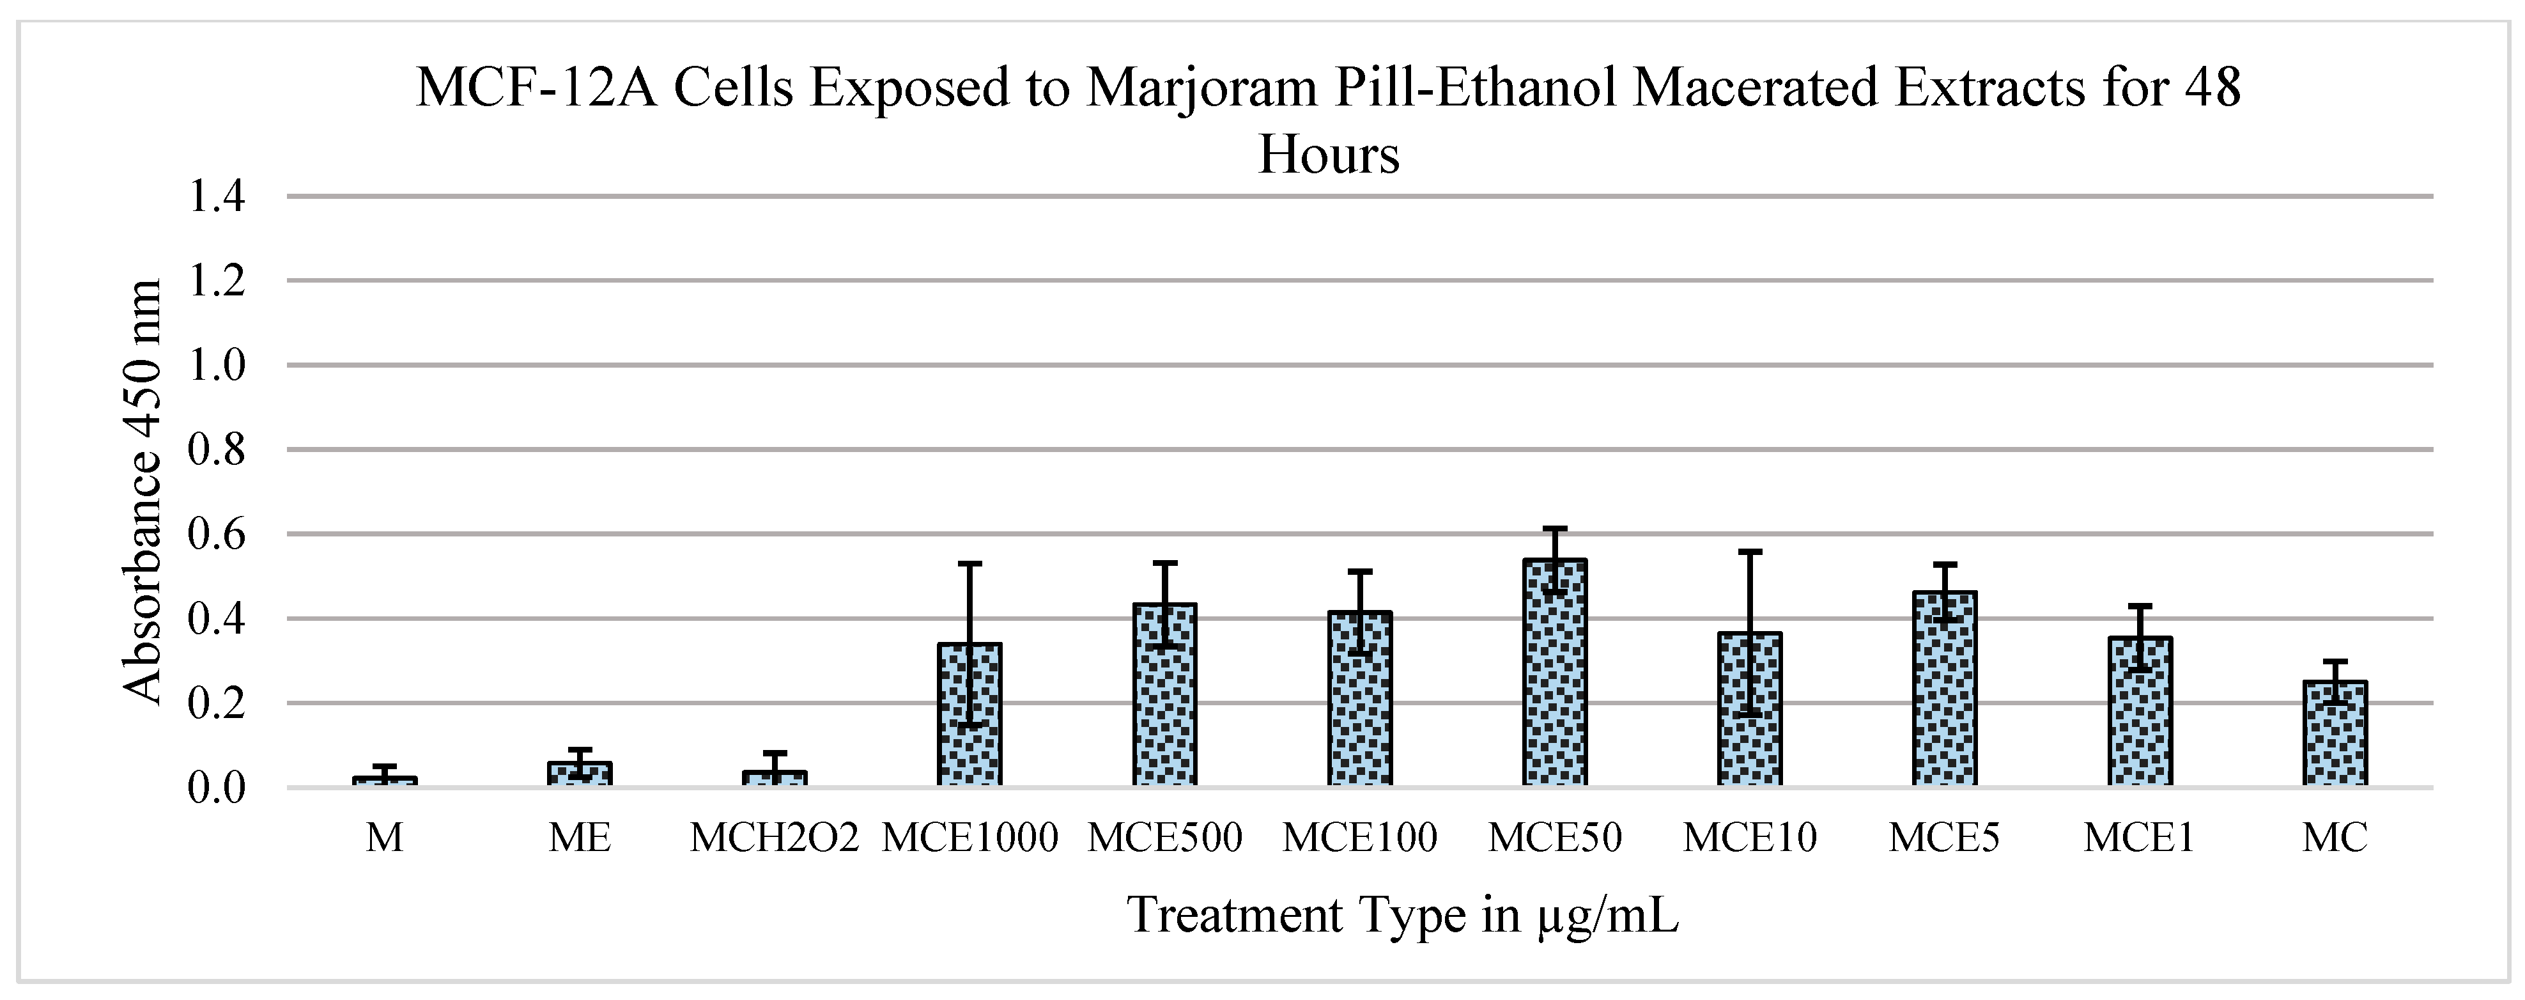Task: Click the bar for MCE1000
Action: [x=969, y=715]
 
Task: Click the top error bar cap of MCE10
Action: [x=1750, y=552]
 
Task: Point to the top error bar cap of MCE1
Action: [x=2140, y=606]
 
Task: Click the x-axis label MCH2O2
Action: [x=775, y=837]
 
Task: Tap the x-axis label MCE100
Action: [x=1359, y=837]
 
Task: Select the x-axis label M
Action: [x=384, y=837]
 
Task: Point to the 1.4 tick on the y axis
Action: [x=215, y=197]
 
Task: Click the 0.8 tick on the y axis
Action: [x=215, y=450]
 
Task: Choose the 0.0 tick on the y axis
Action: [x=215, y=787]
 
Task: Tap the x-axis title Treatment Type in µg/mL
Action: [x=1403, y=915]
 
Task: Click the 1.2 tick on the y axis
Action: [x=215, y=281]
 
